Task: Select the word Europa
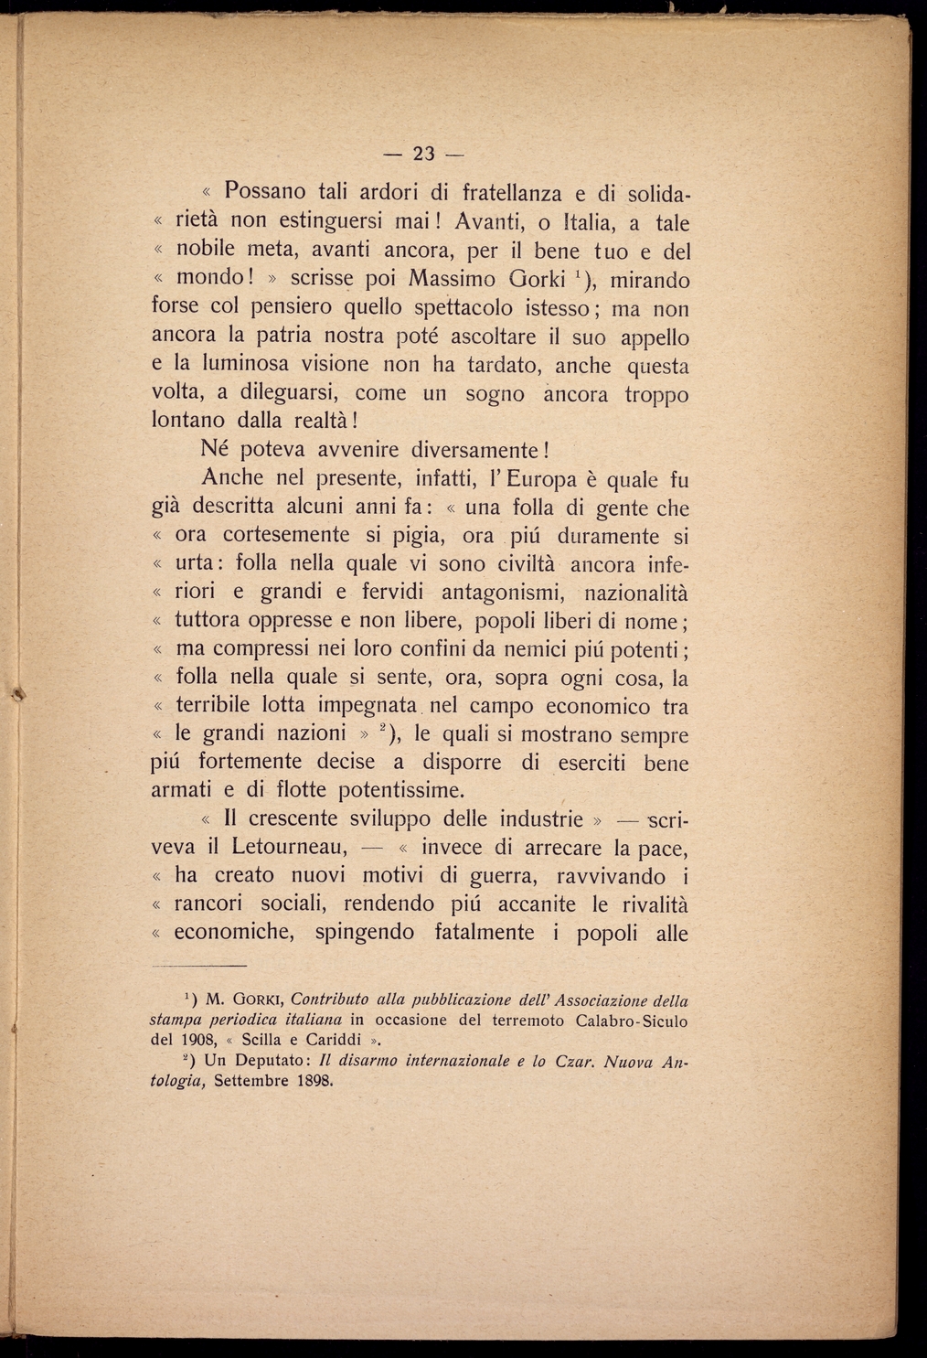tap(546, 478)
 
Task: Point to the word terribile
tap(213, 706)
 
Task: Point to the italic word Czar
tap(574, 1061)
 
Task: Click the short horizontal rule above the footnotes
tap(198, 966)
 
